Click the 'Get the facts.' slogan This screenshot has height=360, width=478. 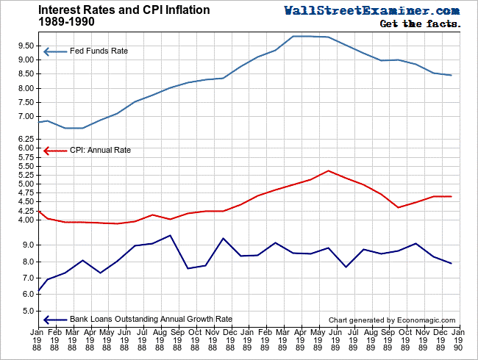[420, 24]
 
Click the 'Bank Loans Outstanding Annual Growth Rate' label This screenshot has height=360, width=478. [151, 320]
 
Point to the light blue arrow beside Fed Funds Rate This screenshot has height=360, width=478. [54, 51]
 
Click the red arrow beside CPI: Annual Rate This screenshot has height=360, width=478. [54, 151]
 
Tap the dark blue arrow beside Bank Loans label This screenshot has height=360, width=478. [54, 320]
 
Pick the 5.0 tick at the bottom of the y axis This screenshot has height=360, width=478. [28, 311]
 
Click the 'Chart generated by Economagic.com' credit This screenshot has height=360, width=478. [392, 320]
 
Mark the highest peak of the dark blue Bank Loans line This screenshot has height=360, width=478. [171, 235]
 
